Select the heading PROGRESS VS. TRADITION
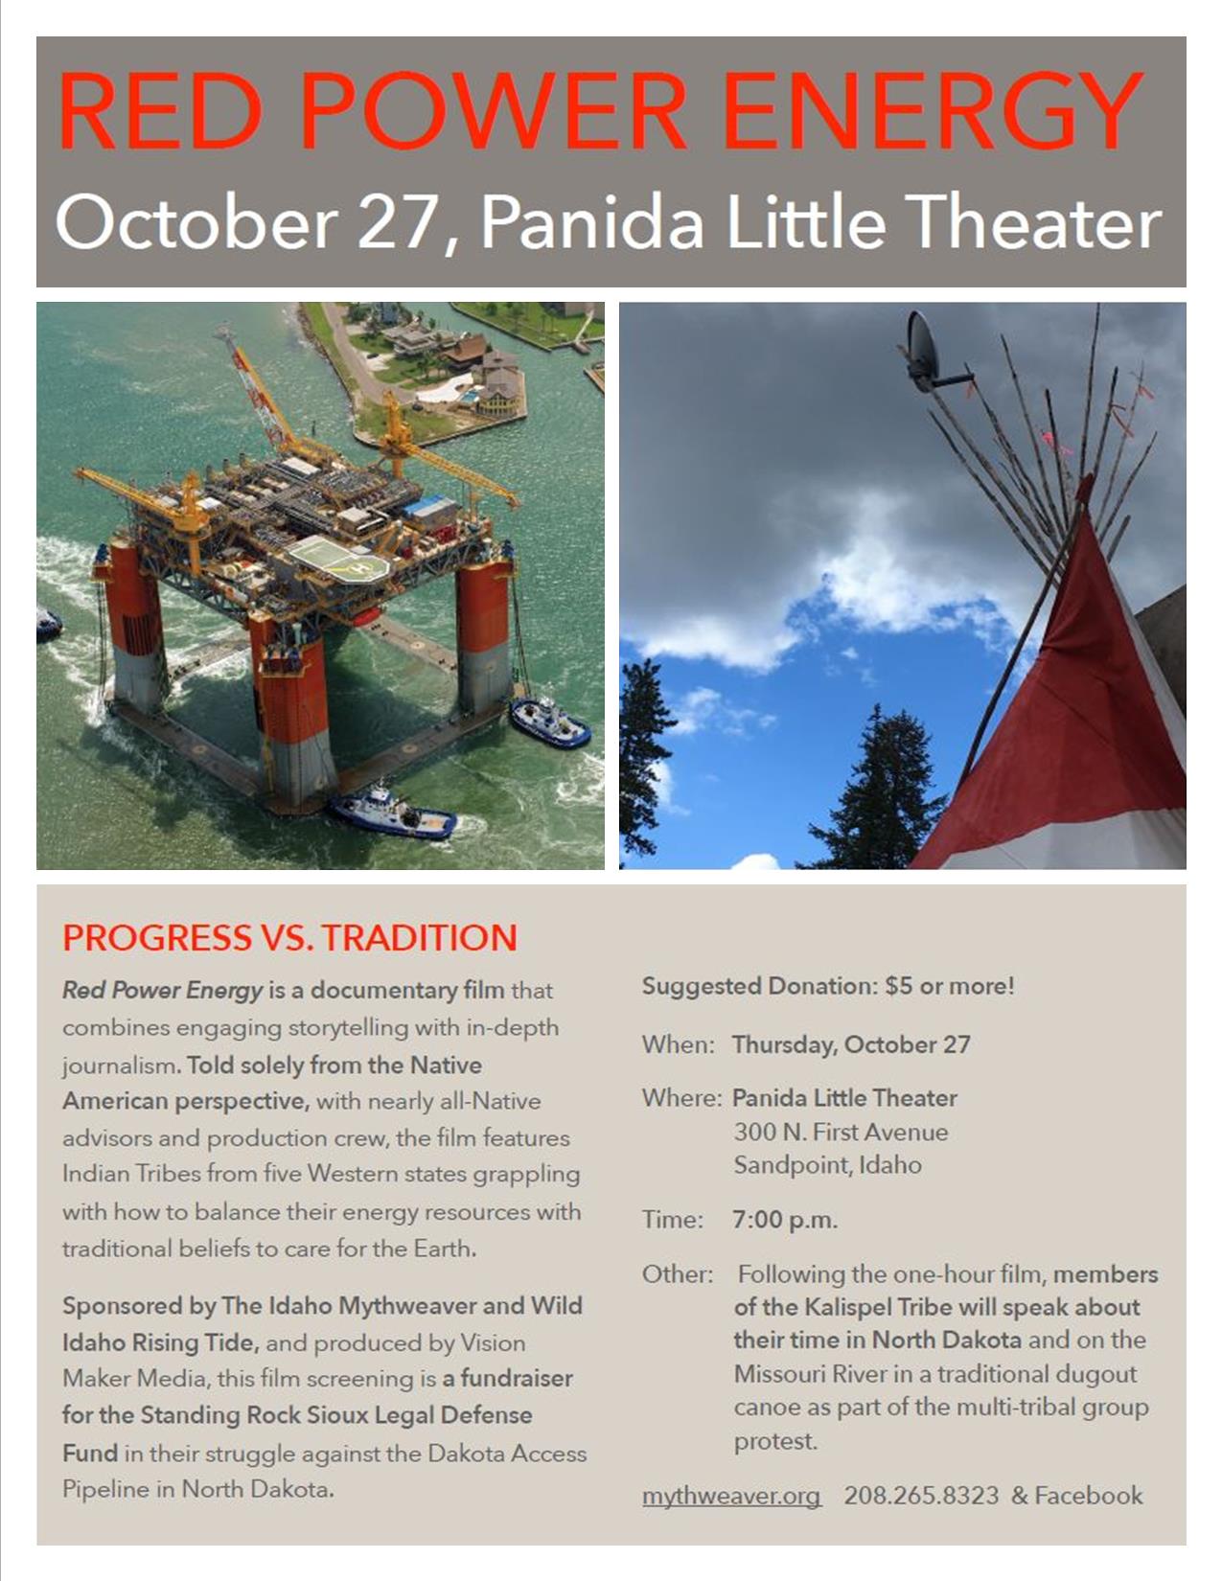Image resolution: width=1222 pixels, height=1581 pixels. (289, 937)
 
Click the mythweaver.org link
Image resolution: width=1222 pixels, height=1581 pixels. (731, 1495)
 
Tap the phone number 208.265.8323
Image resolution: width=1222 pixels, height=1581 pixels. (921, 1495)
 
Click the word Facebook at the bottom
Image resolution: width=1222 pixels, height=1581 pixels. (1088, 1495)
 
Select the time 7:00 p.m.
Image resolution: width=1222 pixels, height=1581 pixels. (785, 1219)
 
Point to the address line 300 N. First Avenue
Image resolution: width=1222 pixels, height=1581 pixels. (841, 1132)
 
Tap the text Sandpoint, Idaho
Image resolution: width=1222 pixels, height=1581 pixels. (827, 1165)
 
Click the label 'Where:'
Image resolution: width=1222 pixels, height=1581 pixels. (682, 1097)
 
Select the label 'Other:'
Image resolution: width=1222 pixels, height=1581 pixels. (678, 1274)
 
